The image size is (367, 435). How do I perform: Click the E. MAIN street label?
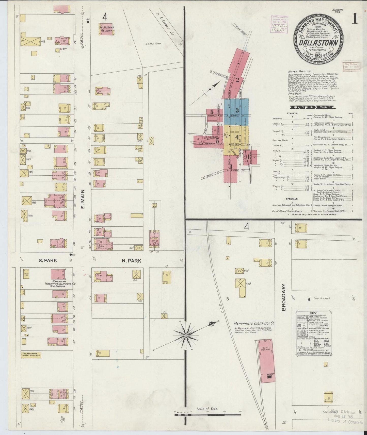coord(83,199)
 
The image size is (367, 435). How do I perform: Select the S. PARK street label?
coord(48,260)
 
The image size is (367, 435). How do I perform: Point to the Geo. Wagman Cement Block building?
coord(31,355)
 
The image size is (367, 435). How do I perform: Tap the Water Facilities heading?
coord(300,71)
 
